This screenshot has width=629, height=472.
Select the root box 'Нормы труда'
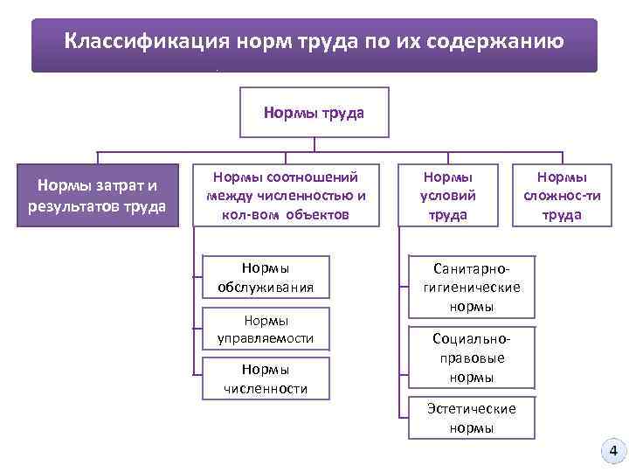click(x=314, y=113)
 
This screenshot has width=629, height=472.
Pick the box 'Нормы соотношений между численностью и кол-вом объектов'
click(x=286, y=195)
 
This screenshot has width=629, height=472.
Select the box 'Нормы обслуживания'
click(x=266, y=277)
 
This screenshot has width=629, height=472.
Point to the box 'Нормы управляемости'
click(x=266, y=329)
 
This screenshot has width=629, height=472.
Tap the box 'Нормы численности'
click(x=266, y=378)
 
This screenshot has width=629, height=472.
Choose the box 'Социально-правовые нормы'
click(x=472, y=357)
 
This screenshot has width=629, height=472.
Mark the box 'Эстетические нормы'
click(x=472, y=418)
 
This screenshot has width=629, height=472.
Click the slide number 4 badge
click(x=612, y=451)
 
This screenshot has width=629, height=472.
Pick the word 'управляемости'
click(x=266, y=337)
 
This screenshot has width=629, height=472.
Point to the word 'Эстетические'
click(x=472, y=409)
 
